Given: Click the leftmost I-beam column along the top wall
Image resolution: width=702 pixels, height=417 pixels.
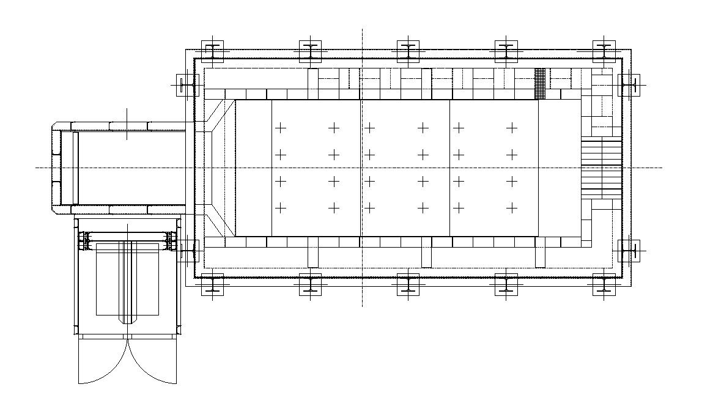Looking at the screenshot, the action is pos(212,52).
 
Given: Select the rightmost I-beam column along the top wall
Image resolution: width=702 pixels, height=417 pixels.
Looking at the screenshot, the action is pos(604,52).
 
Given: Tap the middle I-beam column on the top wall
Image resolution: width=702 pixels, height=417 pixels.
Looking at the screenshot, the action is pos(408,52).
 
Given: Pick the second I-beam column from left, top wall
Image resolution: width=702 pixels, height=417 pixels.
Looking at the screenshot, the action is pos(310,52).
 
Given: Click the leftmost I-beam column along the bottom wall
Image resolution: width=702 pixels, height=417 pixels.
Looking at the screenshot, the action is pos(212,285).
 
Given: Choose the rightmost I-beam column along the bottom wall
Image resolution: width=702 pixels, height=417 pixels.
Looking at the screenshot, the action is pos(604,285).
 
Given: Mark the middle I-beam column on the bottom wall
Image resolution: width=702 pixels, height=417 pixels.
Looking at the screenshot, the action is pos(408,285).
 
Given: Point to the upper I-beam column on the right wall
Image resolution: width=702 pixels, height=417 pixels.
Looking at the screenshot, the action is pos(628,85).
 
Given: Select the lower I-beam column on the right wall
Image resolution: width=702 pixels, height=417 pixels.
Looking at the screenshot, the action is pos(628,251).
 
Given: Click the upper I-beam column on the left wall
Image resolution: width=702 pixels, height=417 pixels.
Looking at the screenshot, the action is pos(187,85).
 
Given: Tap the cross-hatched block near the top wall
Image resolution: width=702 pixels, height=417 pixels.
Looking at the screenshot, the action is pos(540,83).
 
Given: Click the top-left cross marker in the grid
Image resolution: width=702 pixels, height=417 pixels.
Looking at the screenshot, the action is pos(280,128).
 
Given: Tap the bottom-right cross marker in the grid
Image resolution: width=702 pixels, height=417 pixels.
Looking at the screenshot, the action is pos(512,208).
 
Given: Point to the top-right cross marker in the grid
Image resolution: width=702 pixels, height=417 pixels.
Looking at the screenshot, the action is pos(512,128).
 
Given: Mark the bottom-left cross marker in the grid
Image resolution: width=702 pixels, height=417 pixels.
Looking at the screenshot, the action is pos(280,208).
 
